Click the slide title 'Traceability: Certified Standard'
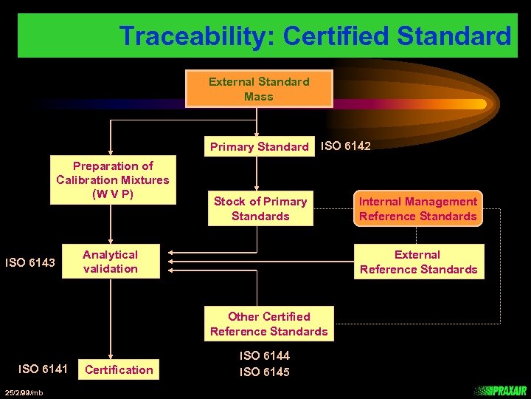[315, 35]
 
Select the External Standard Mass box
[258, 89]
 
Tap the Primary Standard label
[259, 146]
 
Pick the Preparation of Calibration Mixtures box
[113, 180]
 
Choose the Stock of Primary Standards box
[260, 208]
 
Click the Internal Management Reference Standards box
[417, 208]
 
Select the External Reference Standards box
[418, 262]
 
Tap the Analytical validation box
[111, 262]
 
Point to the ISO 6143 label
[30, 262]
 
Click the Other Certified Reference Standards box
[268, 324]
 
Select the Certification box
[119, 369]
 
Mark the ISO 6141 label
[43, 369]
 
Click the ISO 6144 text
[264, 356]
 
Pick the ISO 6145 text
[264, 372]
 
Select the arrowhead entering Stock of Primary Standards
[256, 188]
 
